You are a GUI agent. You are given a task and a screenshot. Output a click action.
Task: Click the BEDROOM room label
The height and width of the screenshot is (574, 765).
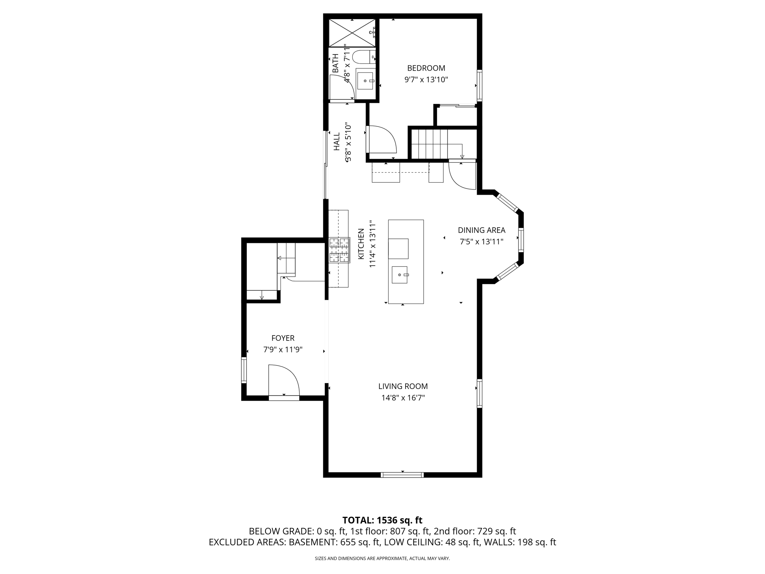pos(426,68)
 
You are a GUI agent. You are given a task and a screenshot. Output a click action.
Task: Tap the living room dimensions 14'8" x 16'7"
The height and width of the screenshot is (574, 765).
pos(403,398)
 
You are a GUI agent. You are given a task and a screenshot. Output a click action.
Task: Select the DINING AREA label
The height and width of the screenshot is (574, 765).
pos(481,230)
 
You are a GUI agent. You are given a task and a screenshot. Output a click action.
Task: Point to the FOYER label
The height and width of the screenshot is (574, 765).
pos(283,338)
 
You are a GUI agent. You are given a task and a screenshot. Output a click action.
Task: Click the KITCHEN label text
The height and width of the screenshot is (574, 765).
pos(361,244)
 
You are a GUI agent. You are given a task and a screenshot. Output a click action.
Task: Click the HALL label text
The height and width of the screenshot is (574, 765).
pos(337,141)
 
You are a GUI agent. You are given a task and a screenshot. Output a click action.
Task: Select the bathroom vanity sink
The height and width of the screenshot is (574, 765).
pos(365,81)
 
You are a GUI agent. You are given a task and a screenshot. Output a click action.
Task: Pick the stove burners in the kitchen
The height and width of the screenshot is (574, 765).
pos(339,250)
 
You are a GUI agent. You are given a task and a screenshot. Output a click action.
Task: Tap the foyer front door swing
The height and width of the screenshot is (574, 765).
pos(283,380)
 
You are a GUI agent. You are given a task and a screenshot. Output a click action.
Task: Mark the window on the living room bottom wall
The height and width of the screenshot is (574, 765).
pos(402,475)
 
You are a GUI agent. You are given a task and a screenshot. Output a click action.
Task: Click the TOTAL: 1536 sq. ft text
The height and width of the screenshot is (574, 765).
pos(382,520)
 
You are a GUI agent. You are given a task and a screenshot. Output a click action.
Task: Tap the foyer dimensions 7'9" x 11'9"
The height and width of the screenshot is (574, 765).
pos(283,350)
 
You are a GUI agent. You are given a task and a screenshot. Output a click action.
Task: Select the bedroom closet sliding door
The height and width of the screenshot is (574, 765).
pos(457,106)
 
